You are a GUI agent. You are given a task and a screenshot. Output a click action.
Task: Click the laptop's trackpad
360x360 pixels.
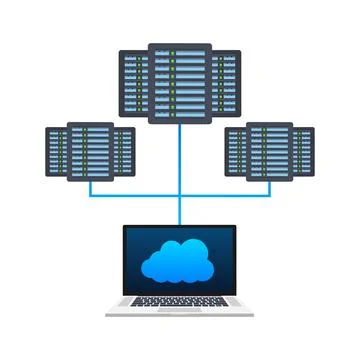point(180,311)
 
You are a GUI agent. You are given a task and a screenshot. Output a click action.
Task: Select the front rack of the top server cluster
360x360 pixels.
point(180,82)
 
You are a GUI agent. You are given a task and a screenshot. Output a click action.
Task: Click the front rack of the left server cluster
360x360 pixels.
point(89,151)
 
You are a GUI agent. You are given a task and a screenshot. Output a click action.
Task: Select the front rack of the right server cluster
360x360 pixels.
point(269,151)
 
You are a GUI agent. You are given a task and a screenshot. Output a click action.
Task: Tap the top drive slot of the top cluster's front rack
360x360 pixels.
point(180,51)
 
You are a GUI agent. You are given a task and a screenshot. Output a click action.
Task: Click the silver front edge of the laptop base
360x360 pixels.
point(180,316)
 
